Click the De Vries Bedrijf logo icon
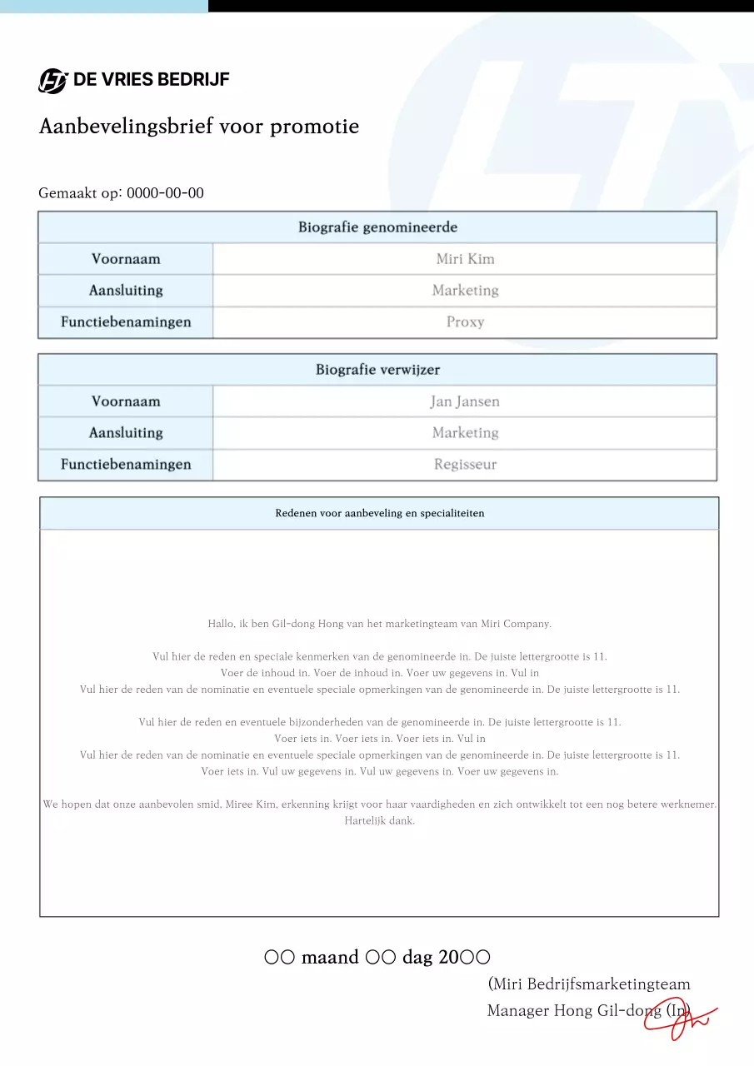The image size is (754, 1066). (52, 81)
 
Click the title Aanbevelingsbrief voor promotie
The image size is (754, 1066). (199, 127)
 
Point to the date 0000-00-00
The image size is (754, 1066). (165, 193)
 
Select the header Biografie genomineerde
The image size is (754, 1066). (377, 227)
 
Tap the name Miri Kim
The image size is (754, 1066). (465, 259)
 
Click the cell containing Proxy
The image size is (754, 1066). (465, 322)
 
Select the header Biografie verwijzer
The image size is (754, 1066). (377, 370)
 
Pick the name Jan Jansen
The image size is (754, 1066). (465, 401)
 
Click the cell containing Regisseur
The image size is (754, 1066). (465, 465)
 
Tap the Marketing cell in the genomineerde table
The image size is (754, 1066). (465, 291)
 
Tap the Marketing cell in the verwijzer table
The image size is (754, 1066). (465, 433)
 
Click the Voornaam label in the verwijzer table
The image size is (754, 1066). (126, 401)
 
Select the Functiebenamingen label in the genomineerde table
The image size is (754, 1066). (126, 322)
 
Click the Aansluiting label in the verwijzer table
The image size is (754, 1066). (126, 433)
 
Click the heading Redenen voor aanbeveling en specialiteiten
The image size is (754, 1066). (379, 513)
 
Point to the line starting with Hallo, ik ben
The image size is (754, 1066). (379, 624)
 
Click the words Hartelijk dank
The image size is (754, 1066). (379, 820)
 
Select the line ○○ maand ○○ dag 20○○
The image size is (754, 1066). (377, 957)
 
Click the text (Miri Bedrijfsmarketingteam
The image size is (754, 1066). (589, 984)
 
